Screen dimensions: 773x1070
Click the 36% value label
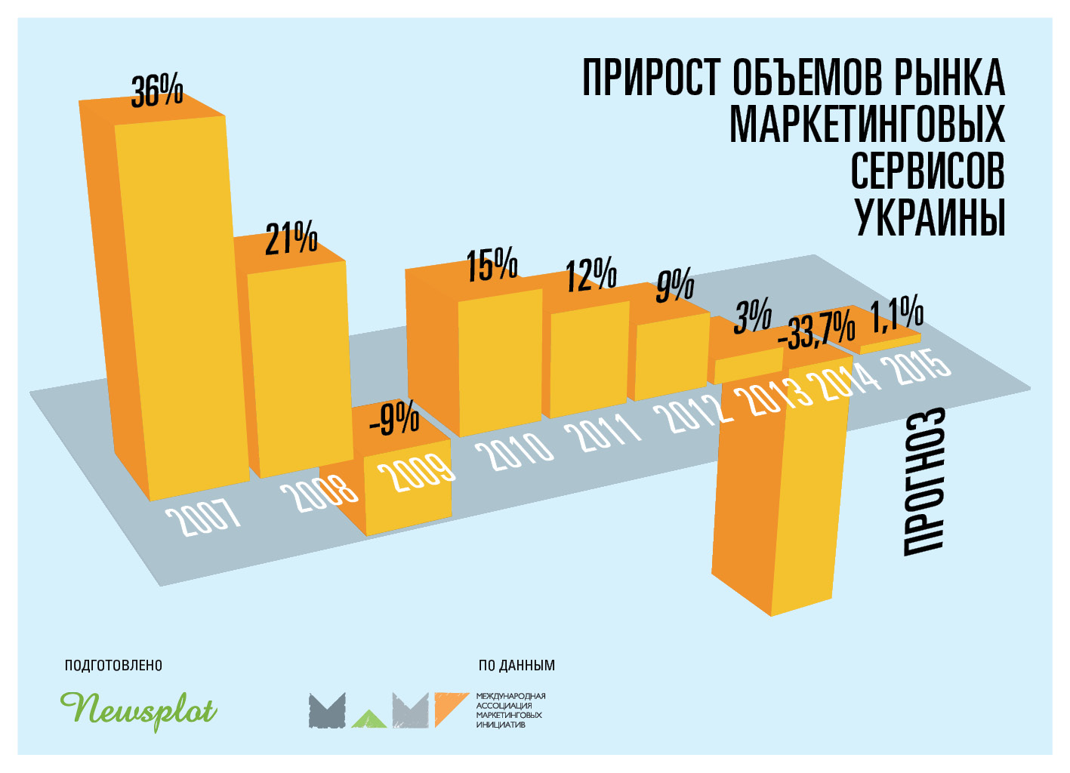click(157, 91)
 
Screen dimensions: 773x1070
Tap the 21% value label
click(291, 240)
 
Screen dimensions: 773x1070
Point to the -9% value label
click(394, 420)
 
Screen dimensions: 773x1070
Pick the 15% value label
click(492, 264)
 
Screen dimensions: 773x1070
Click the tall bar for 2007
click(181, 302)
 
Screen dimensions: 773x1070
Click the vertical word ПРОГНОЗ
click(924, 483)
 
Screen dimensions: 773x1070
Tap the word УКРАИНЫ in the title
click(930, 217)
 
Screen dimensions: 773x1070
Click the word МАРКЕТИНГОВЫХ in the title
click(867, 124)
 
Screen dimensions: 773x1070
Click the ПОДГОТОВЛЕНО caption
click(113, 665)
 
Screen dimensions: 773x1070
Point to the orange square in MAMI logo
click(450, 708)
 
